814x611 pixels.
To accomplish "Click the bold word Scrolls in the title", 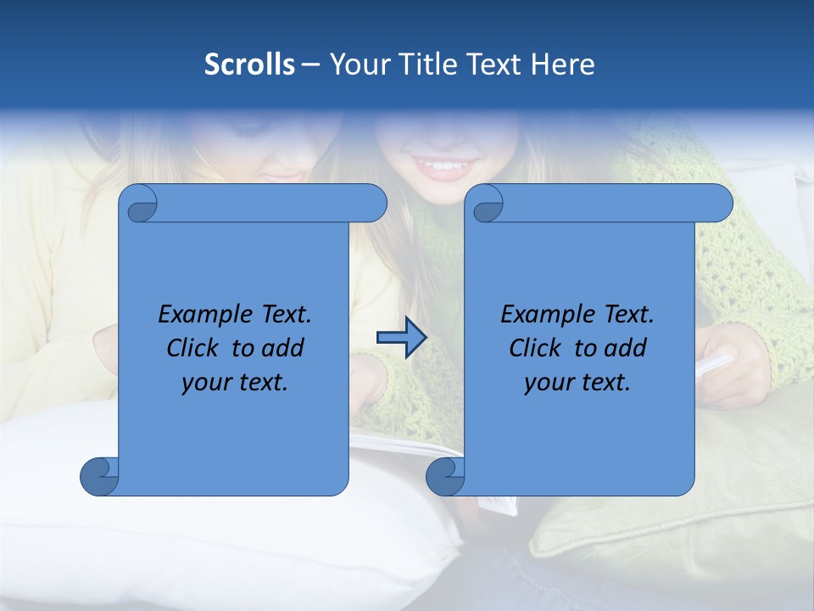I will pos(250,64).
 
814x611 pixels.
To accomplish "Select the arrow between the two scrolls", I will pos(401,338).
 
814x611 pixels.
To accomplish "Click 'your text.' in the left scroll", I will pos(235,383).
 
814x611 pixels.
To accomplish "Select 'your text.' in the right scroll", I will pos(577,383).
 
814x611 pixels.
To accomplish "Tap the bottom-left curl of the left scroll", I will pos(100,475).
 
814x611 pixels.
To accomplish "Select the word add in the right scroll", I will pos(624,348).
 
